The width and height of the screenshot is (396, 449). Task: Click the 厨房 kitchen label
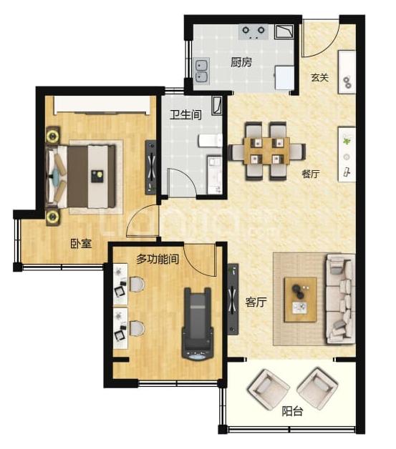coord(241,62)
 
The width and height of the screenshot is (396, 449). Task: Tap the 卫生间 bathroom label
coord(185,114)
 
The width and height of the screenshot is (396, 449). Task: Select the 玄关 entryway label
coord(319,77)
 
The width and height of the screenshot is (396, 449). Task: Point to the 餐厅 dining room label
coord(311,174)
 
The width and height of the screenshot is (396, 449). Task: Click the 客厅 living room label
coord(256,302)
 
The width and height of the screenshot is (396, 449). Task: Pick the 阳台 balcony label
coord(292,412)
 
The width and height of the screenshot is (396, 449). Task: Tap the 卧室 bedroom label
coord(81,243)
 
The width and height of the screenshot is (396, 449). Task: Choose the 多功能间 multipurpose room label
coord(158,259)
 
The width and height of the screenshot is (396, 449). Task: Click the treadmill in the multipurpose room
coord(198,323)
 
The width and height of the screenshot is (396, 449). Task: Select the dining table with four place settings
coord(266,151)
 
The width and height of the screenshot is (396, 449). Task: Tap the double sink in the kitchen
coord(202,71)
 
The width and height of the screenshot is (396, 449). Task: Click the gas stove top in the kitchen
coord(253,32)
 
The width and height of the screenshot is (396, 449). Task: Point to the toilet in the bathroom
coord(211,141)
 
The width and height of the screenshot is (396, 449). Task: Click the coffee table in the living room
coord(301,300)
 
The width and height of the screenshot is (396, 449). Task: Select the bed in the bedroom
coord(81,177)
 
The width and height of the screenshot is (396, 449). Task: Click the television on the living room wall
coord(233,300)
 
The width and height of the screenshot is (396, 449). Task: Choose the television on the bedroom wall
coord(151,167)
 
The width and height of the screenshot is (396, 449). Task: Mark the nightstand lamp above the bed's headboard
coord(53,135)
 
